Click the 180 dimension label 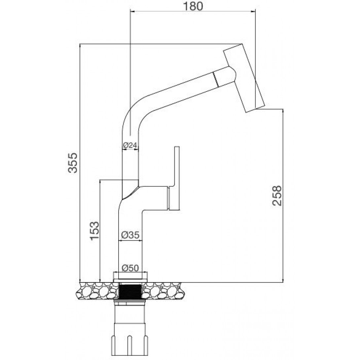click(193, 6)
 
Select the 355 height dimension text click(73, 162)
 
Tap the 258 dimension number click(277, 195)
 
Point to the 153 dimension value click(94, 231)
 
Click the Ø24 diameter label click(130, 145)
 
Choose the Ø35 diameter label click(130, 235)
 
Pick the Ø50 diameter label click(130, 268)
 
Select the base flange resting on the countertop click(130, 277)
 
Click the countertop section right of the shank click(163, 291)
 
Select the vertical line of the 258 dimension click(283, 196)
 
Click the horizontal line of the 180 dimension click(193, 11)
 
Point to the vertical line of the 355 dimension click(80, 162)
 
